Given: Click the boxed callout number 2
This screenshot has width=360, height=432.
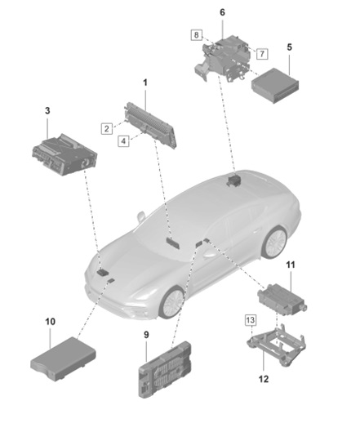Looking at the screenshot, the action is (x=107, y=129).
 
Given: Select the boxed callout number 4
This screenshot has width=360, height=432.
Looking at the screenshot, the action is (x=123, y=141).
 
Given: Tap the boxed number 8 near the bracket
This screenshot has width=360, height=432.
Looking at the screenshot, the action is (x=197, y=35).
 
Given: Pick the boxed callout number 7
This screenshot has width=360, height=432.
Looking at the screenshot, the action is (x=262, y=53).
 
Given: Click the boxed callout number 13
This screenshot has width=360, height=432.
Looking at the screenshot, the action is (x=251, y=320).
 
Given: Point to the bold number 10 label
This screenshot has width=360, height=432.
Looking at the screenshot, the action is (x=50, y=322).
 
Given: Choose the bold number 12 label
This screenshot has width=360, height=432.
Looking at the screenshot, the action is (x=264, y=379).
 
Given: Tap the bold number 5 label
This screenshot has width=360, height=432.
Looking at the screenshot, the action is (x=289, y=47).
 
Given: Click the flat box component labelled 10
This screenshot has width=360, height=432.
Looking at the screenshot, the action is (x=63, y=359).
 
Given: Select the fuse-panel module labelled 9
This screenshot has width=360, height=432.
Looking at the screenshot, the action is (x=165, y=369).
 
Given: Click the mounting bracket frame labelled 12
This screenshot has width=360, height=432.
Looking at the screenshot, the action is (x=276, y=345).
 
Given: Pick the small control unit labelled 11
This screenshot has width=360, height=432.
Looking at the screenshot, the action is (x=282, y=299).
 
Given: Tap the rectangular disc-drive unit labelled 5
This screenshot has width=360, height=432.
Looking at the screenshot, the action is (x=275, y=86).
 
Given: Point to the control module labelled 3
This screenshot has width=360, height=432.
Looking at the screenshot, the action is (x=64, y=155).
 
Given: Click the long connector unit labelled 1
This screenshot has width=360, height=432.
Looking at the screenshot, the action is (x=150, y=125).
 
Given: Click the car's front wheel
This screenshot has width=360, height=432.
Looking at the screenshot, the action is (x=173, y=303).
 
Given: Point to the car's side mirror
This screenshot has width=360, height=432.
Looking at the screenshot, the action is (x=141, y=216).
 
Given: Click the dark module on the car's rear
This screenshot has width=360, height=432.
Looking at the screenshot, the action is (x=233, y=180).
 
